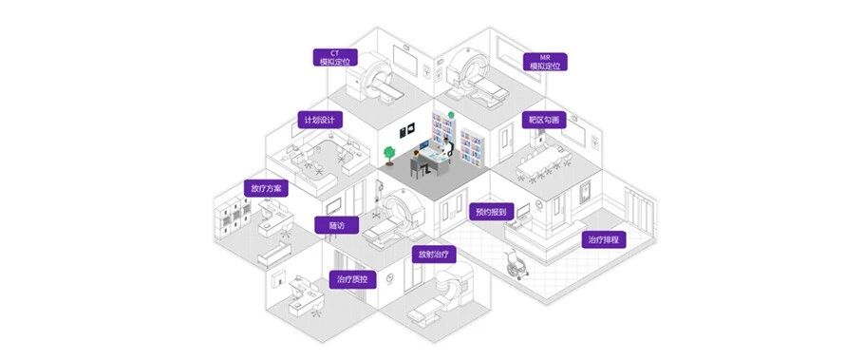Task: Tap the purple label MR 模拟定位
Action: pyautogui.click(x=545, y=62)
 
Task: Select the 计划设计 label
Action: pyautogui.click(x=320, y=120)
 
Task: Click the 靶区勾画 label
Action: pyautogui.click(x=544, y=121)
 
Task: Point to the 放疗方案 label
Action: pyautogui.click(x=266, y=188)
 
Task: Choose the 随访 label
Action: pyautogui.click(x=336, y=225)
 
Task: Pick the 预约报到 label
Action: pyautogui.click(x=492, y=212)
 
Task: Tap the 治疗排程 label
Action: pyautogui.click(x=604, y=239)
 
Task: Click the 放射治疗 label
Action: pyautogui.click(x=434, y=255)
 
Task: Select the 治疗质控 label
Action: pyautogui.click(x=352, y=279)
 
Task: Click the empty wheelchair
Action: pyautogui.click(x=516, y=265)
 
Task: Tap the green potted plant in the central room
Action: pyautogui.click(x=389, y=156)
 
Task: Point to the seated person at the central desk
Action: pyautogui.click(x=419, y=161)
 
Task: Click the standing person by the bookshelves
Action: pyautogui.click(x=451, y=149)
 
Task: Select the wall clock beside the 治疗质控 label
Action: pyautogui.click(x=389, y=278)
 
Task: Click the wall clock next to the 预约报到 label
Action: pyautogui.click(x=539, y=204)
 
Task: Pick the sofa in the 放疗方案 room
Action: pyautogui.click(x=274, y=254)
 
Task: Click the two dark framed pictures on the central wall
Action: pyautogui.click(x=406, y=130)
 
